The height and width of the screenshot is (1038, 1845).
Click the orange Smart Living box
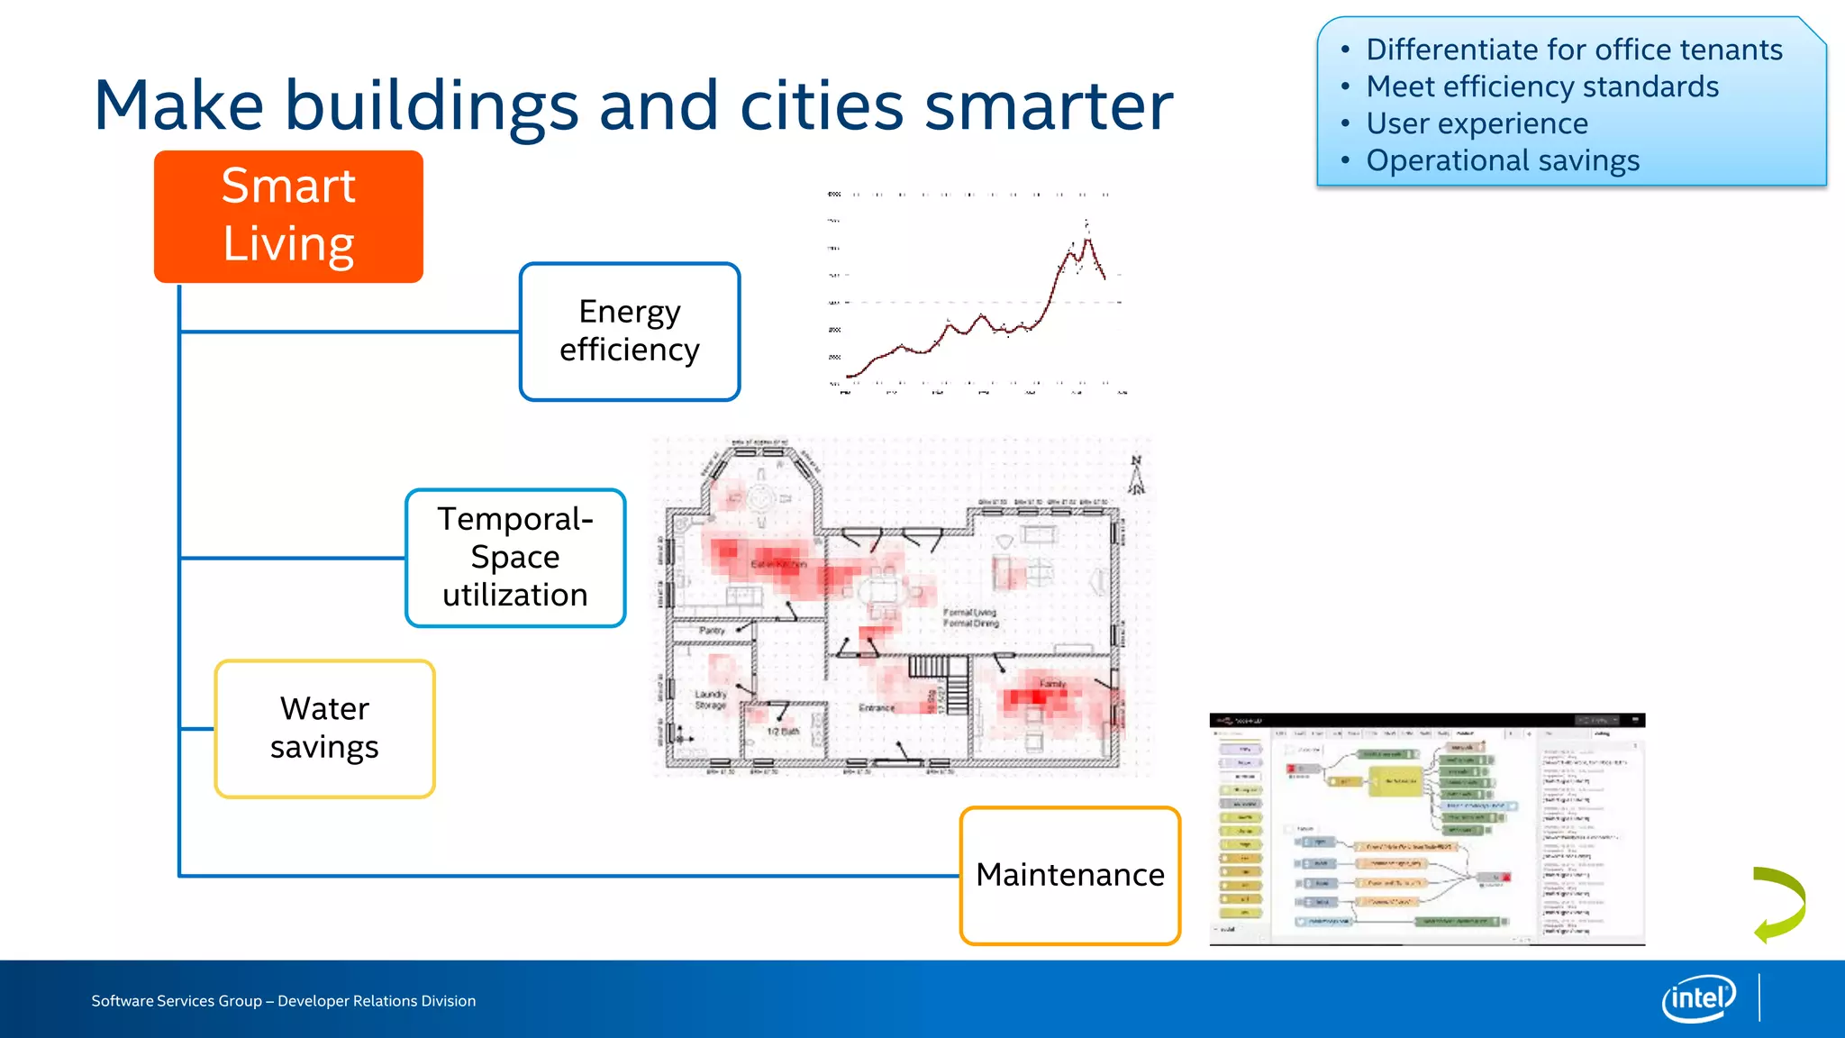click(288, 216)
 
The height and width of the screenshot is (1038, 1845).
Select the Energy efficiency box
click(630, 332)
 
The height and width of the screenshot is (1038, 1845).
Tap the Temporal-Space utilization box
click(515, 558)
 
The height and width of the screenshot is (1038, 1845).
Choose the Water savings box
click(324, 728)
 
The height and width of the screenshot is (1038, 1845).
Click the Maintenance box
click(1070, 875)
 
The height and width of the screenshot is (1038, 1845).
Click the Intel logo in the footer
click(1698, 998)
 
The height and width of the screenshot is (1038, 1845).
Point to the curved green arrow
click(1779, 904)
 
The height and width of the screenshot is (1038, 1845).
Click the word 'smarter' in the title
click(1049, 106)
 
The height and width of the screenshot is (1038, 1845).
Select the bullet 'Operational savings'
click(1503, 160)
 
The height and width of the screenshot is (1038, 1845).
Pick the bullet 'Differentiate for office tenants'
click(1574, 50)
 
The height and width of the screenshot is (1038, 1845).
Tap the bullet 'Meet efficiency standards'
click(1542, 86)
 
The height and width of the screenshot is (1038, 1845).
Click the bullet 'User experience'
click(1477, 123)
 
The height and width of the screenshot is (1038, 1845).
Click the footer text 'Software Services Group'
click(177, 1001)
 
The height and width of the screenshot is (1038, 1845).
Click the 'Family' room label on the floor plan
click(1052, 684)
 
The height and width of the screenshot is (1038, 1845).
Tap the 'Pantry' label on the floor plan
click(712, 631)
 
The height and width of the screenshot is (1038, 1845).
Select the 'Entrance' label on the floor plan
click(877, 708)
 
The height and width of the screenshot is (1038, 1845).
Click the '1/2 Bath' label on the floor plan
click(783, 732)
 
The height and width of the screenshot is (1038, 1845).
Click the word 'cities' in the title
click(821, 106)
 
